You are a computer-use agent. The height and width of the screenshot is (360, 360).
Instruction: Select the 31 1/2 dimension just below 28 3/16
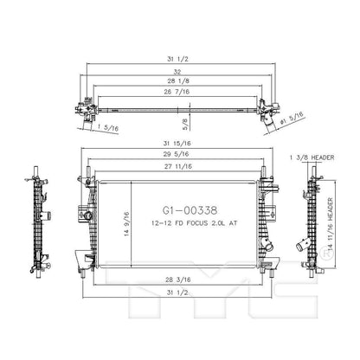click(180, 294)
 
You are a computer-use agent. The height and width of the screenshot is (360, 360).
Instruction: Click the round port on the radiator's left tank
click(87, 211)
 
